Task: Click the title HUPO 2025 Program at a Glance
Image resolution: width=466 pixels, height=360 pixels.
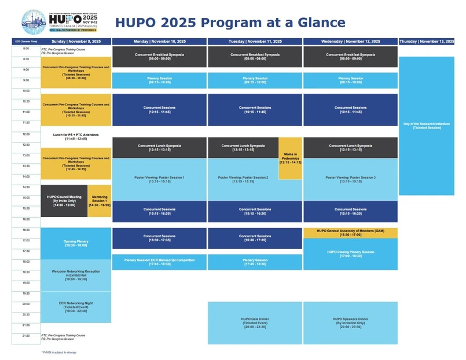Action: tap(230, 23)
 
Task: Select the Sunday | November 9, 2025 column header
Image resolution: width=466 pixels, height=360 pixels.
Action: tap(76, 42)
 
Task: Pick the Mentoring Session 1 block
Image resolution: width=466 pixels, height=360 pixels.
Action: tap(100, 201)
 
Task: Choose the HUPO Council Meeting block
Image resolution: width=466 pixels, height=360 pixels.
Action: tap(64, 201)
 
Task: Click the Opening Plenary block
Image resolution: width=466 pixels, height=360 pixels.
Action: tap(76, 243)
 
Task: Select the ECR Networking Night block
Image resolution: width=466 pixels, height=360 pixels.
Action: tap(76, 307)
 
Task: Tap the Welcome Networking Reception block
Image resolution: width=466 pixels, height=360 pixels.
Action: tap(76, 275)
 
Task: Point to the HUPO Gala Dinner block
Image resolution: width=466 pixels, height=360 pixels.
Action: tap(255, 323)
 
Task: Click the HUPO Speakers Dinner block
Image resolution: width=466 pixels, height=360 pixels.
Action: tap(350, 323)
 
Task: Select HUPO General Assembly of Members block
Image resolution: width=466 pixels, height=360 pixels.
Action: tap(350, 233)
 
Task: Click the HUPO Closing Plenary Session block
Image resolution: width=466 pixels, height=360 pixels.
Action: tap(350, 254)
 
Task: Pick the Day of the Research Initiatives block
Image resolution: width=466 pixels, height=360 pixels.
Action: tap(427, 126)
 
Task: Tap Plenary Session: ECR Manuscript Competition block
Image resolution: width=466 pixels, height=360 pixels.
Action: tap(160, 262)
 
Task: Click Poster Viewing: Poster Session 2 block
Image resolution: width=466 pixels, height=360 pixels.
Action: tap(243, 179)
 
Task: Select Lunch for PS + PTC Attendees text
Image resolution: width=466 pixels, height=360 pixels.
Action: tap(76, 137)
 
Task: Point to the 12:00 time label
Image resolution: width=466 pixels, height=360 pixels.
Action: tap(26, 134)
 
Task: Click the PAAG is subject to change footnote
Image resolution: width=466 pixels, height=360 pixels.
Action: tap(59, 352)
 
